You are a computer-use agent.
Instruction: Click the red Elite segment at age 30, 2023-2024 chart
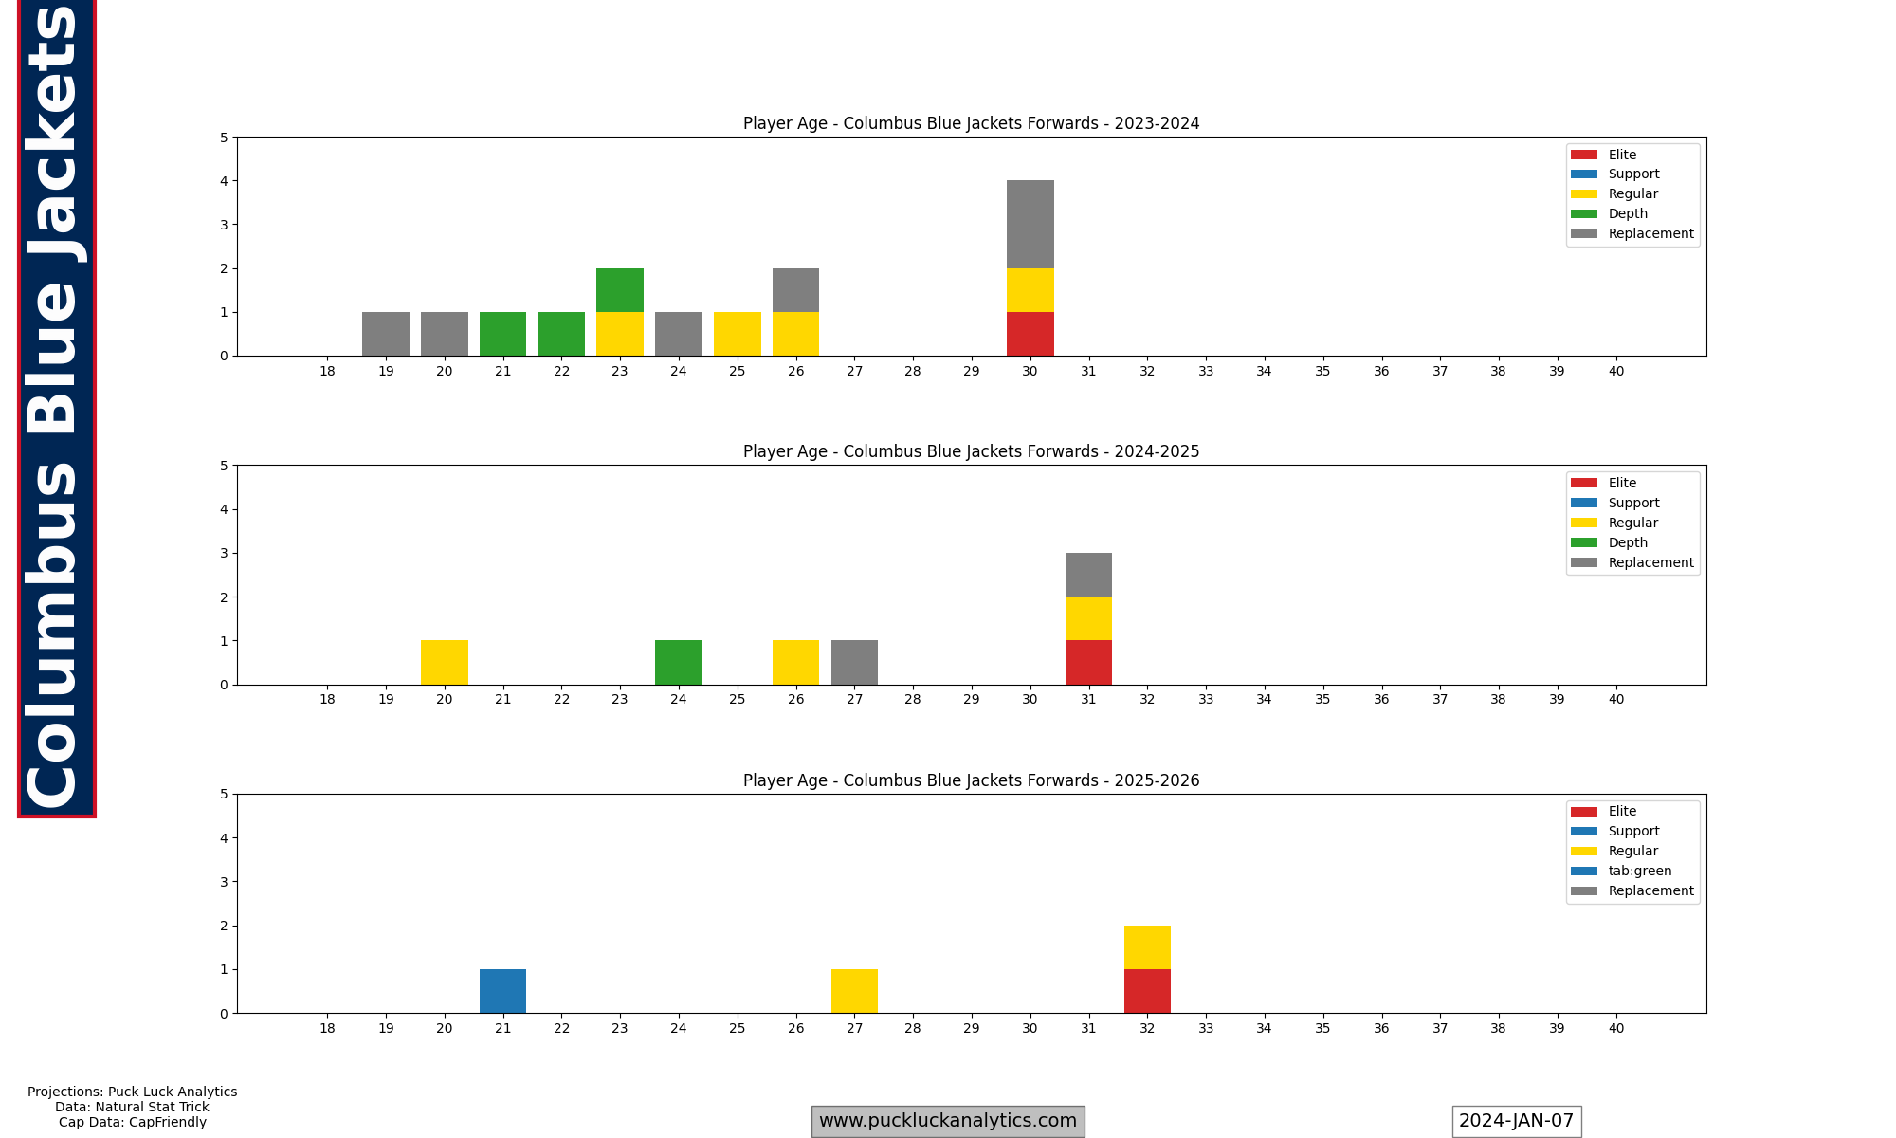click(1030, 334)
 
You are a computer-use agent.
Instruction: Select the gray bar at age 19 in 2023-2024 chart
click(386, 334)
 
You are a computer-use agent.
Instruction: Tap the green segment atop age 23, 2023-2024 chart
click(620, 290)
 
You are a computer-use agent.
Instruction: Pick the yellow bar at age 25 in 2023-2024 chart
click(737, 334)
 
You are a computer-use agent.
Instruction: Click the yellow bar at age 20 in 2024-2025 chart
click(445, 662)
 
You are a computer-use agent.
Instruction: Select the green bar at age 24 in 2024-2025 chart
click(679, 662)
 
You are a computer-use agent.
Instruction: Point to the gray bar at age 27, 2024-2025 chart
click(854, 662)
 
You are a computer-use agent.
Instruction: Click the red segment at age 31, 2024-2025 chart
click(1088, 662)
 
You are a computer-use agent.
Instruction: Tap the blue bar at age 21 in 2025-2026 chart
click(502, 991)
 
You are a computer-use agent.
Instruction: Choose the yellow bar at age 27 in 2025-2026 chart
click(854, 991)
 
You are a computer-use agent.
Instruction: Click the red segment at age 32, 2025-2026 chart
click(1147, 991)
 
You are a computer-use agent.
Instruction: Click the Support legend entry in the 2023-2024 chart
click(1633, 174)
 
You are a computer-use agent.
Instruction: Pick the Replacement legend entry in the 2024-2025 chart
click(1650, 562)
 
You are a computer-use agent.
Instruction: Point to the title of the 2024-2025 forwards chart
click(971, 451)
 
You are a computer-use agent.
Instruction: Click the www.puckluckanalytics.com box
click(947, 1121)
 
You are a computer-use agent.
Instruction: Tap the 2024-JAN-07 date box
click(1516, 1121)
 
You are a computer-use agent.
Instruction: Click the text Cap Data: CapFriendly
click(133, 1122)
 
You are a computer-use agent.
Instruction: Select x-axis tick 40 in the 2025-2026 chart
click(1615, 1028)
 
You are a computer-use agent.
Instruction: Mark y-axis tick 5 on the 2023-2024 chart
click(224, 138)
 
